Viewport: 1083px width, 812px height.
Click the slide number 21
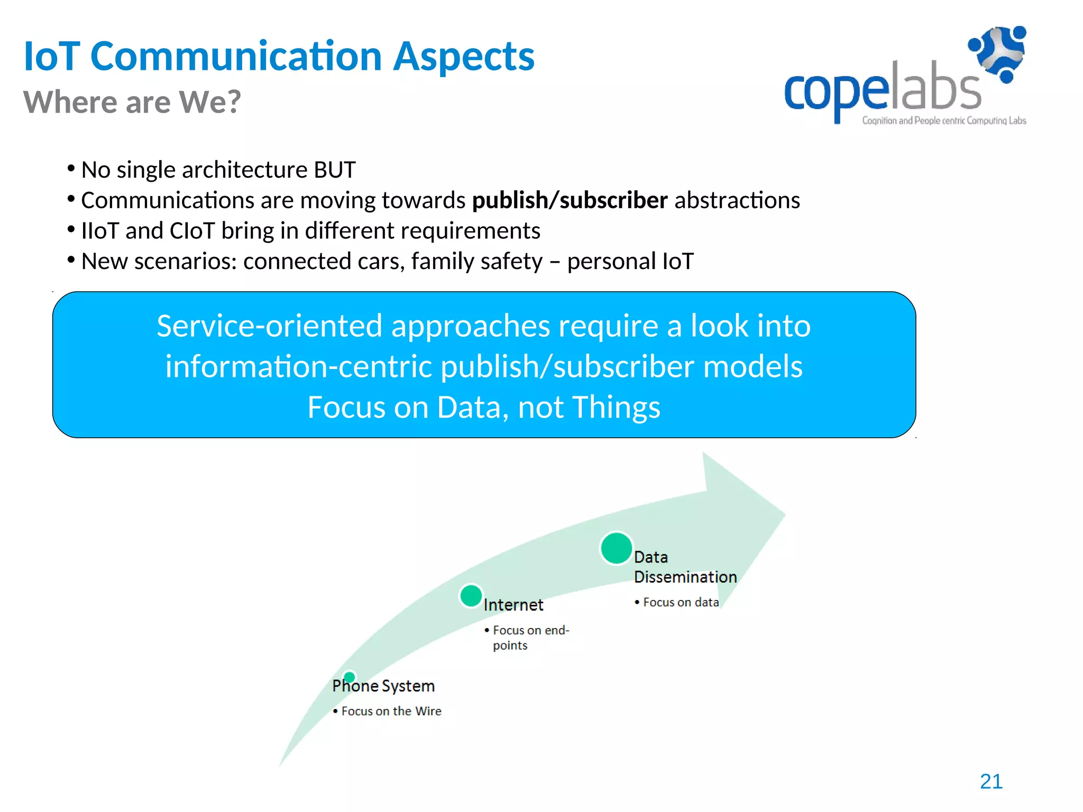(x=991, y=781)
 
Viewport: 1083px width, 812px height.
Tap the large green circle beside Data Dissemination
(x=616, y=548)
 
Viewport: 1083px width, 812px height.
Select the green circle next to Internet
(x=471, y=596)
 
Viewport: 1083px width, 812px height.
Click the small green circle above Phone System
(x=349, y=677)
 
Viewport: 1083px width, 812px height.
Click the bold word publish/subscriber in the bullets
(x=570, y=200)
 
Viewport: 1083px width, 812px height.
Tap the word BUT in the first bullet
(x=334, y=170)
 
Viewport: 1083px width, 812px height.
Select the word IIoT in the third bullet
(x=100, y=231)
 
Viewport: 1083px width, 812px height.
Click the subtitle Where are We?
(x=132, y=101)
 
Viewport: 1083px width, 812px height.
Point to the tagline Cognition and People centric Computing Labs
(x=944, y=121)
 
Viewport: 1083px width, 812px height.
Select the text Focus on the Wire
(x=391, y=711)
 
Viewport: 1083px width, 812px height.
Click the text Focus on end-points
(x=530, y=637)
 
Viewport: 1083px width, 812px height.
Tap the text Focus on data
(x=681, y=602)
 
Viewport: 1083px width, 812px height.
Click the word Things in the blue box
(x=616, y=407)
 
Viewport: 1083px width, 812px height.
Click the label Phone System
(x=383, y=686)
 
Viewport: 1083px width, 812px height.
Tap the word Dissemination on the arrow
(x=685, y=577)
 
